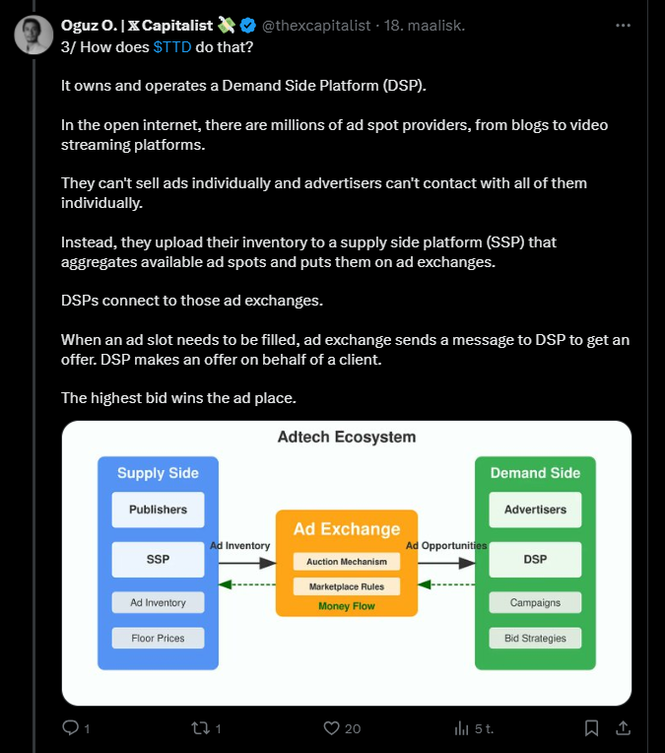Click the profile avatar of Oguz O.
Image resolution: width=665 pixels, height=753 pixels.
[33, 34]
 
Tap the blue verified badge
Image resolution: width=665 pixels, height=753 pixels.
[248, 25]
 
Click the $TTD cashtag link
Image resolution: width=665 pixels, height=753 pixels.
[172, 45]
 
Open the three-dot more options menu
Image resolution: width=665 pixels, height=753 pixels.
[623, 25]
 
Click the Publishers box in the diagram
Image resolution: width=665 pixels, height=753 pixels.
[158, 510]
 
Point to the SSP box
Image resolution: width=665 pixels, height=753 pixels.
[158, 559]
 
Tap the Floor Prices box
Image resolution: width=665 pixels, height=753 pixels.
[158, 638]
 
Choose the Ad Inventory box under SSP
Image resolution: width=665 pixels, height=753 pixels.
[158, 601]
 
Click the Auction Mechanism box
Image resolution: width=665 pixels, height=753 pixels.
[346, 562]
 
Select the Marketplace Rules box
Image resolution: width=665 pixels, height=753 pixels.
[346, 586]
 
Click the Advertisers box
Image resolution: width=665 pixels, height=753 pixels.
[535, 510]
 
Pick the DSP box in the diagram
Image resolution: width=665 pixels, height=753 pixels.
[535, 559]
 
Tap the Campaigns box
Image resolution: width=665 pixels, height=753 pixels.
[535, 602]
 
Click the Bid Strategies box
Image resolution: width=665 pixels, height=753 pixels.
[535, 638]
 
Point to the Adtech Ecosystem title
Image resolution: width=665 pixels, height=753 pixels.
[346, 437]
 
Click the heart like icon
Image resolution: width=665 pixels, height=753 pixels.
[332, 728]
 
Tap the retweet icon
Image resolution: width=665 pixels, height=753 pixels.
[200, 728]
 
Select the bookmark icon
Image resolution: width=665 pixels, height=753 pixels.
[591, 728]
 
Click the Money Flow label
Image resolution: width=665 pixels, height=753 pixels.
[346, 606]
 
